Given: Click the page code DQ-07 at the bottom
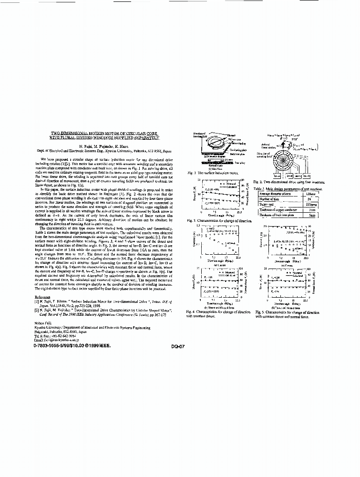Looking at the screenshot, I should coord(177,347).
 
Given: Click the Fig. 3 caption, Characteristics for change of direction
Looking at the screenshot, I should coord(218,220).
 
